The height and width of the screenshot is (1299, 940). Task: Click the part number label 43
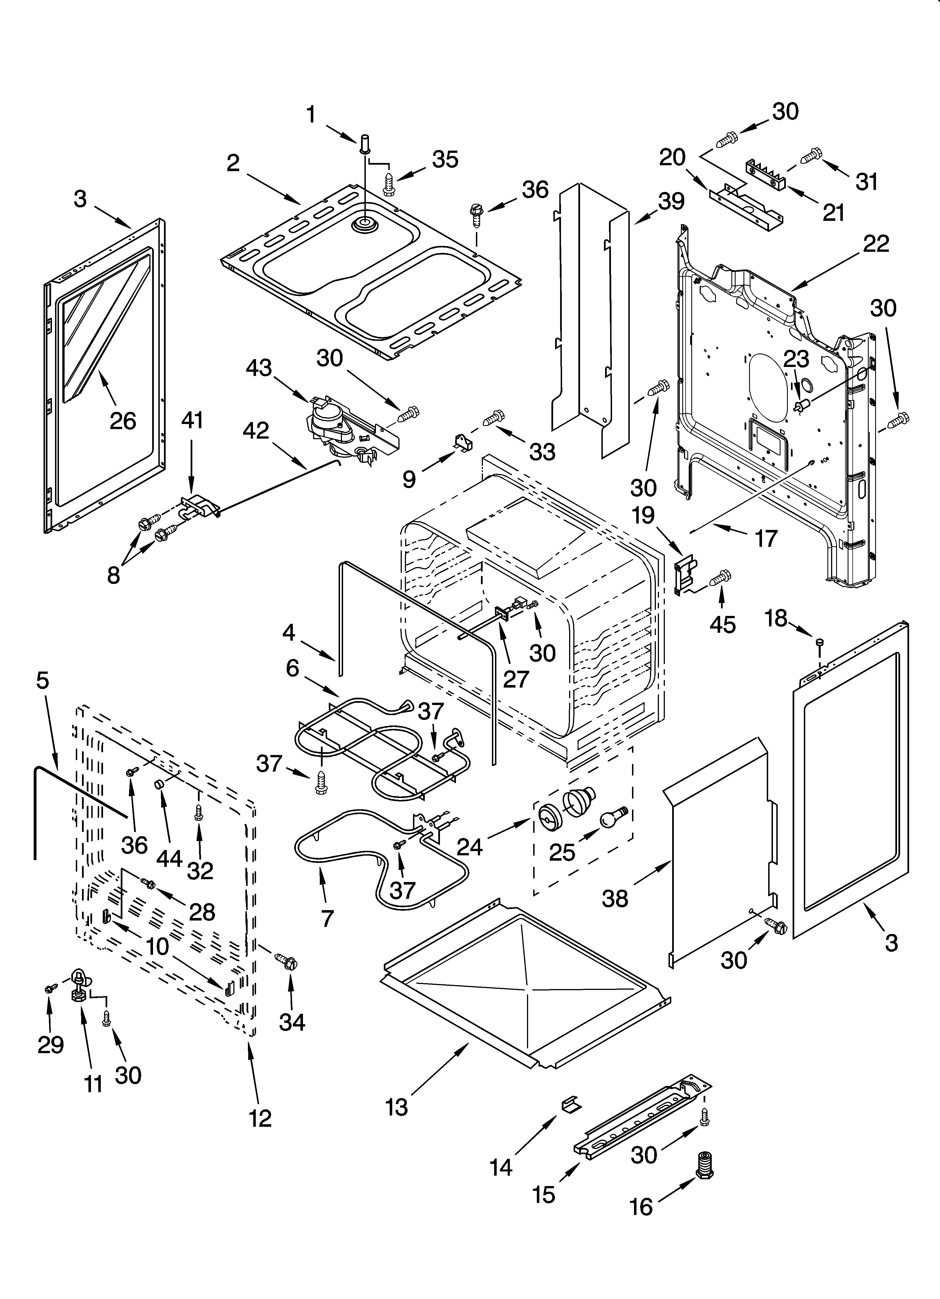pyautogui.click(x=259, y=368)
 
